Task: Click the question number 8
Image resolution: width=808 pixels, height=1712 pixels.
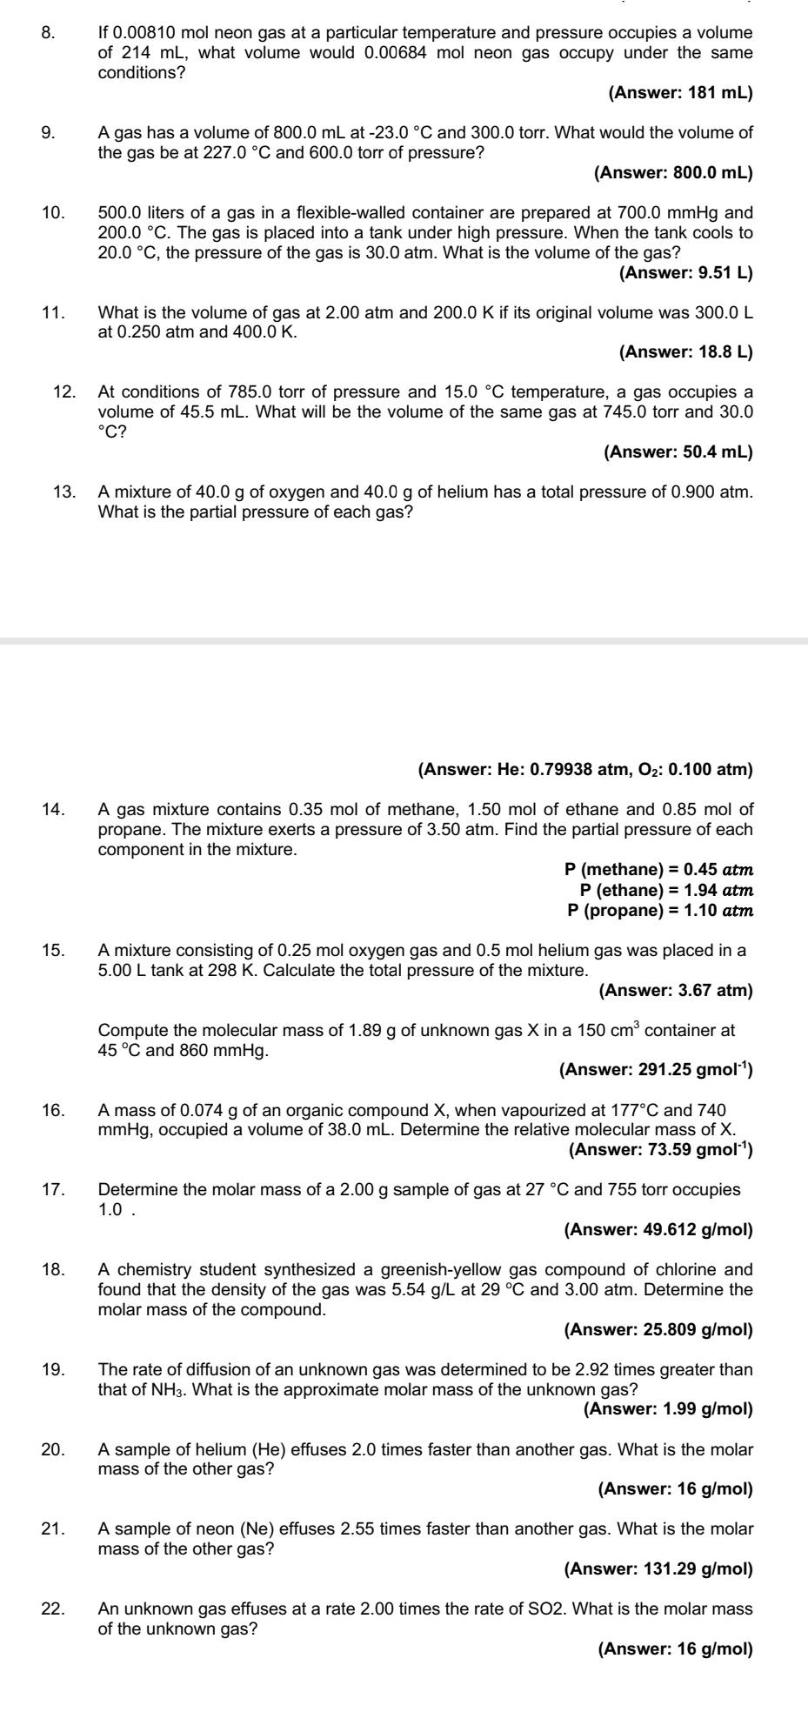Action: (48, 33)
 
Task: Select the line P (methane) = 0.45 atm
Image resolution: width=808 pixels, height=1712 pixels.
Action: (658, 869)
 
